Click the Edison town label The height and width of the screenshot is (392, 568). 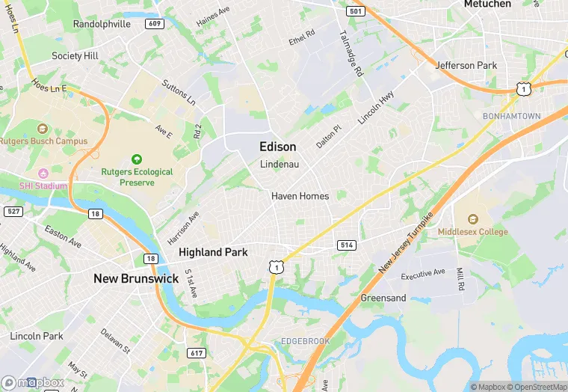[277, 147]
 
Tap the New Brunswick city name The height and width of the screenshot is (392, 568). [136, 278]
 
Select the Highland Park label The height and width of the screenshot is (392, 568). [213, 253]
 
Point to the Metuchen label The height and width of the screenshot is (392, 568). [487, 4]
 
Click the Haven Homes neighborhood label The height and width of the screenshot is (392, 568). [300, 196]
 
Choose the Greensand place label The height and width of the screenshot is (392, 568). [383, 298]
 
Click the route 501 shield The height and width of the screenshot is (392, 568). [355, 11]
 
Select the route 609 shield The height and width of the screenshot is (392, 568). [155, 23]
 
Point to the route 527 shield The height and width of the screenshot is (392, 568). [13, 212]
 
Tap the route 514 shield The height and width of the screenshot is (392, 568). [346, 245]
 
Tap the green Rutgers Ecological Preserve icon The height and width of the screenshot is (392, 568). [137, 159]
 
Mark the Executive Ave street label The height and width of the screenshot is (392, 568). [423, 275]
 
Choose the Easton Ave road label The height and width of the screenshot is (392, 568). [63, 236]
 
